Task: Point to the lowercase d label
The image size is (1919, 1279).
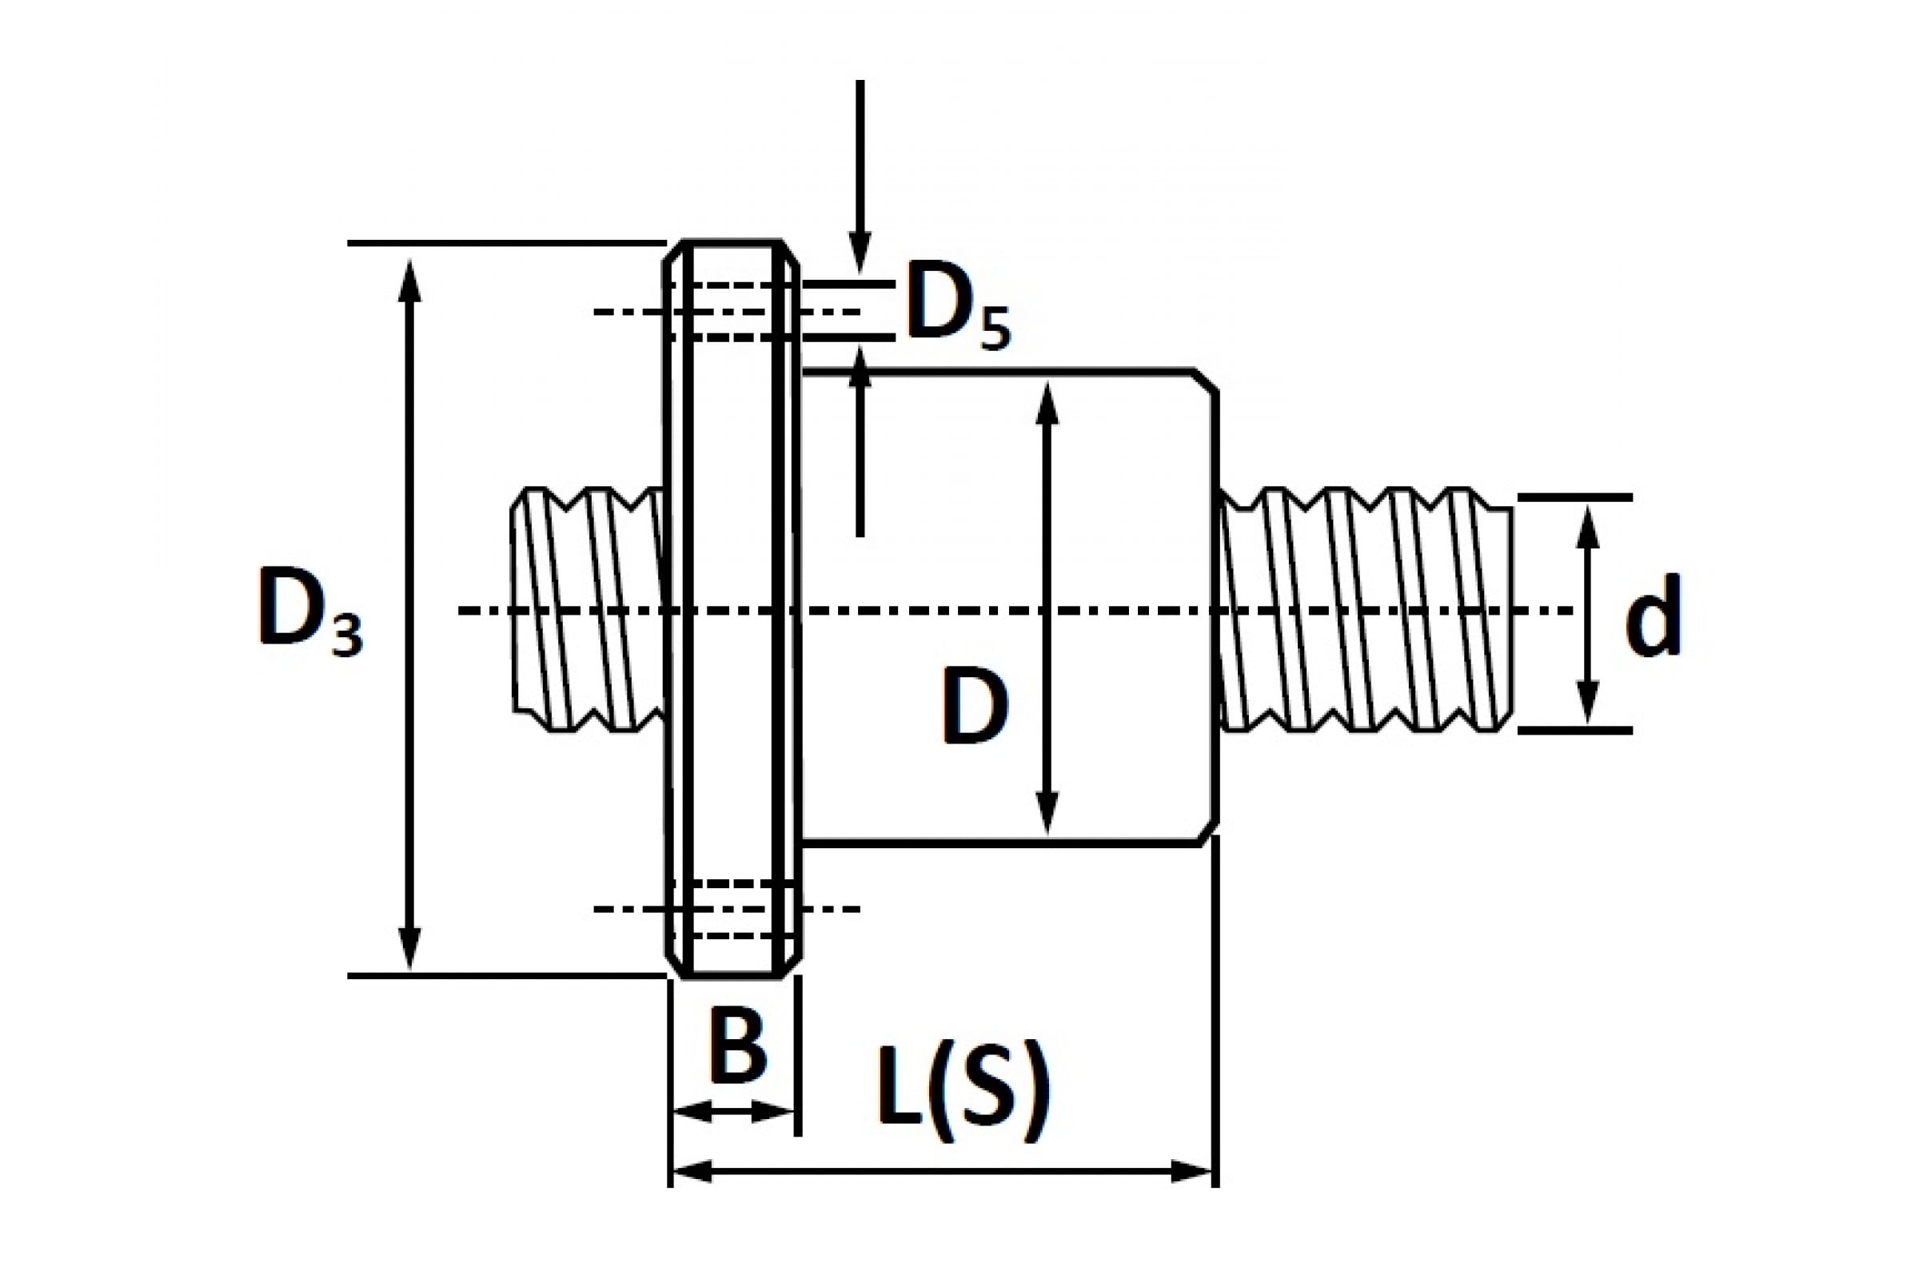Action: coord(1653,615)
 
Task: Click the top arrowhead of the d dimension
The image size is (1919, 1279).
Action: coord(1586,527)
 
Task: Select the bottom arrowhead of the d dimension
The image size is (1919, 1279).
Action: coord(1586,702)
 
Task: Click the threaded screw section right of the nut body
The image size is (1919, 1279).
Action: coord(1366,609)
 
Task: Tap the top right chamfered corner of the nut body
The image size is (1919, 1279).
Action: coord(1207,381)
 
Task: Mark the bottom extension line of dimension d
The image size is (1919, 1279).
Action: coord(1575,731)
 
